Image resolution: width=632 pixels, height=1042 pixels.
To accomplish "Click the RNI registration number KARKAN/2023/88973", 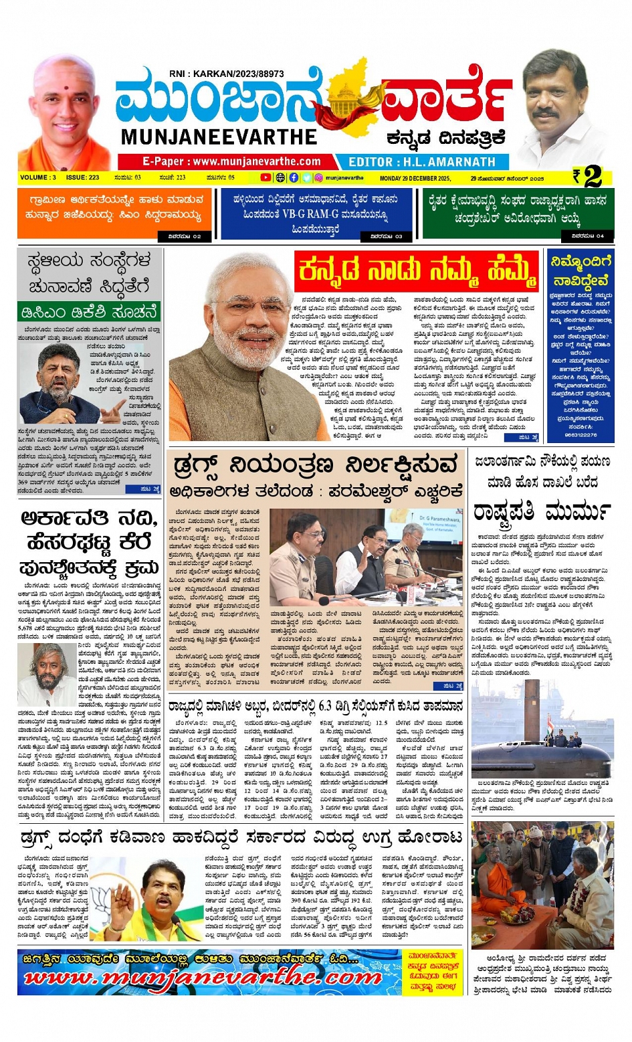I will (x=226, y=74).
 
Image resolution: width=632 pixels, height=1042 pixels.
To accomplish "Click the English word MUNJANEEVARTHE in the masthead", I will (x=219, y=137).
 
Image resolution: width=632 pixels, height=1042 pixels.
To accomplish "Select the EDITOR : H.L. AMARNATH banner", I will (x=421, y=162).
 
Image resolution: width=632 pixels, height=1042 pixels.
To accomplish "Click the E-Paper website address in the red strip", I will (x=231, y=162).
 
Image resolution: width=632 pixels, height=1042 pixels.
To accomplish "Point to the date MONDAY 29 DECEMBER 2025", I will (x=415, y=179).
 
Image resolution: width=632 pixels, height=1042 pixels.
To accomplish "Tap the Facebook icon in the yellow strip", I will (x=294, y=178).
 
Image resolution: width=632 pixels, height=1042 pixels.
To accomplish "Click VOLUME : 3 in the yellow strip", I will (x=38, y=178).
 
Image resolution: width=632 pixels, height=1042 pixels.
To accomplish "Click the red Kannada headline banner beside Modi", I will (x=417, y=271).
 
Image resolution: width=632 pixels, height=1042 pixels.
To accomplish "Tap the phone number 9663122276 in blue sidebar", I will (x=581, y=435).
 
